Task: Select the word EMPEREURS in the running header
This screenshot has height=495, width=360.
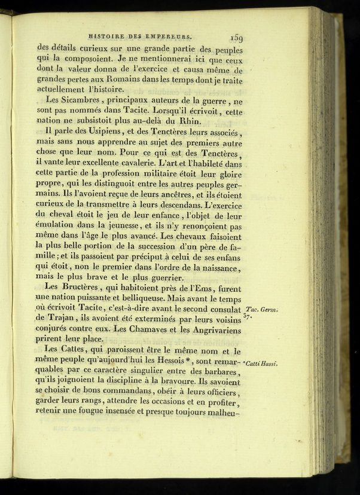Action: tap(169, 35)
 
